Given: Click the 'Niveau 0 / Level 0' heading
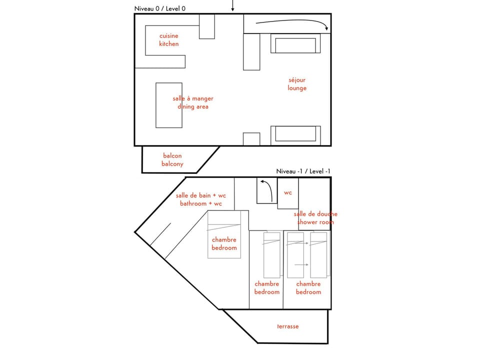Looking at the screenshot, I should [x=159, y=8].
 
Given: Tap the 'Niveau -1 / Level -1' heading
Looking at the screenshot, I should [x=303, y=171].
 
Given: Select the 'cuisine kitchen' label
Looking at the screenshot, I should [x=168, y=40].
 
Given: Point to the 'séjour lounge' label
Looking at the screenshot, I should [x=297, y=84].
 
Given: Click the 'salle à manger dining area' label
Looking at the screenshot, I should [x=192, y=102].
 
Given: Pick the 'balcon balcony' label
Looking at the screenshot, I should [x=172, y=160].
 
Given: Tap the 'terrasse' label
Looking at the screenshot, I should [x=288, y=326].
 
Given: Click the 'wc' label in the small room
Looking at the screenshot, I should [x=288, y=192].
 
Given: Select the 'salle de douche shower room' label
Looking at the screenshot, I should [x=315, y=218].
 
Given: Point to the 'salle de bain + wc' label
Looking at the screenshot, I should [x=200, y=200].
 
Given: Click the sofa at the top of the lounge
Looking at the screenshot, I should [x=295, y=44].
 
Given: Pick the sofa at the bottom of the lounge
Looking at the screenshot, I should [x=295, y=135].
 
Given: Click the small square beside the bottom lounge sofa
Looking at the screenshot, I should [x=251, y=139].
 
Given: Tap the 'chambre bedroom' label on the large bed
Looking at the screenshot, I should [x=224, y=243].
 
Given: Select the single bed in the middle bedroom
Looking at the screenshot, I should [x=272, y=255].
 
